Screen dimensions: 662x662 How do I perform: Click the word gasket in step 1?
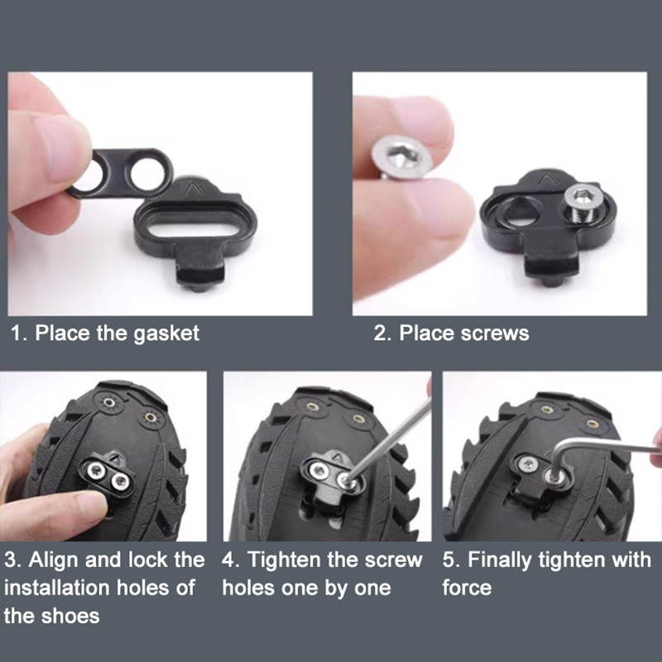(x=166, y=333)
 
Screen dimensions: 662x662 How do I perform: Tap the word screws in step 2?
(x=494, y=333)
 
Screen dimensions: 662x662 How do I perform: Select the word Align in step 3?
(x=54, y=561)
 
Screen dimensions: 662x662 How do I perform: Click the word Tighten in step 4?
(x=285, y=561)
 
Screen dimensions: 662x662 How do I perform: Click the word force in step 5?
(x=467, y=588)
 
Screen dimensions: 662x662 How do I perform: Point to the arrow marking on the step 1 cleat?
(x=194, y=186)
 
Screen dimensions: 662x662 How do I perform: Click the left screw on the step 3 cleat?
(x=96, y=468)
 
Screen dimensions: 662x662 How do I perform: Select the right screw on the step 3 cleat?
(x=120, y=481)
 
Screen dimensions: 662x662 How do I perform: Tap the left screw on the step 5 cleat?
(x=528, y=464)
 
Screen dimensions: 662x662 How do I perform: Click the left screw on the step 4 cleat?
(x=319, y=468)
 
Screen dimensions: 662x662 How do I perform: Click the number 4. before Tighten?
(x=231, y=561)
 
